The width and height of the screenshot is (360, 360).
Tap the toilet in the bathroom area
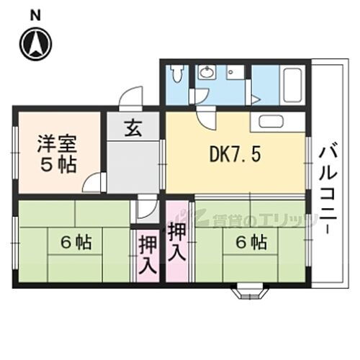coord(177,76)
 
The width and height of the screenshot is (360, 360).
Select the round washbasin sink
coord(207,72)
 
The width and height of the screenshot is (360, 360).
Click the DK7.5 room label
coord(231,153)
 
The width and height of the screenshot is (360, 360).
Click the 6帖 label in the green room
coord(74,243)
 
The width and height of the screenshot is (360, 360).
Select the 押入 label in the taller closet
coord(177,243)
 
